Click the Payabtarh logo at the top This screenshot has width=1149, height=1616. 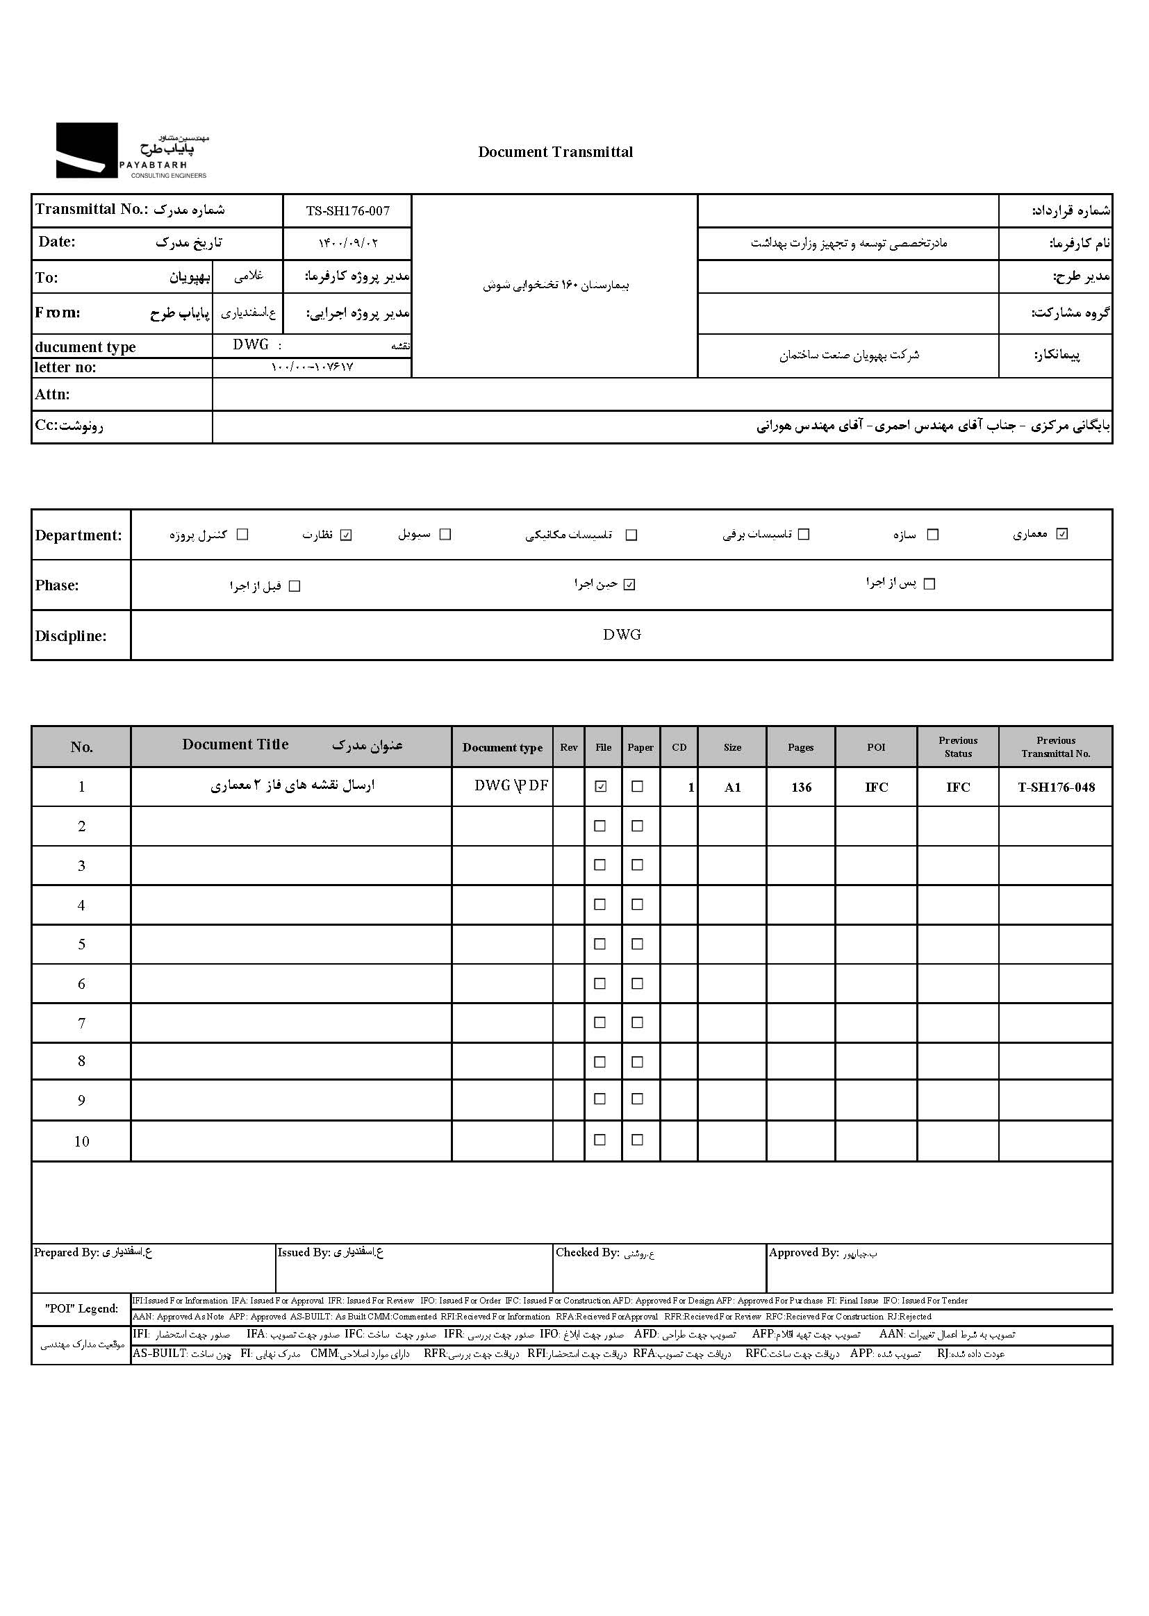[x=131, y=151]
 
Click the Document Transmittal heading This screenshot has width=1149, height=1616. [x=556, y=152]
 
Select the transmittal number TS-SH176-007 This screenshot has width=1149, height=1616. [x=347, y=210]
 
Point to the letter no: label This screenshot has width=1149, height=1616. [x=65, y=367]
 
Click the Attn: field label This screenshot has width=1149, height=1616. [x=52, y=394]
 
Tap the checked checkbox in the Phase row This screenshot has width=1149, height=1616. [x=629, y=585]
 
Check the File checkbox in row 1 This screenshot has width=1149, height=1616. [x=601, y=786]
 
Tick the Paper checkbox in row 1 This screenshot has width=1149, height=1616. [x=638, y=786]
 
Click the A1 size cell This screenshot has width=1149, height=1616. [x=732, y=787]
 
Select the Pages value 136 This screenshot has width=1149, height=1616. [x=801, y=787]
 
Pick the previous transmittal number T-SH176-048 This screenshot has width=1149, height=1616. [x=1056, y=787]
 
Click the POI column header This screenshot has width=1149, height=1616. [x=876, y=747]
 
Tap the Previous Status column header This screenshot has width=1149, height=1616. [x=958, y=747]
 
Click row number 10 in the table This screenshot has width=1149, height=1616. [x=81, y=1141]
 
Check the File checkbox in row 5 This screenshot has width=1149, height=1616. [x=600, y=944]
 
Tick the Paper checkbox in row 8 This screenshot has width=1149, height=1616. [x=638, y=1062]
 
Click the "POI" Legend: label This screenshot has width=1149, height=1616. [x=81, y=1309]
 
